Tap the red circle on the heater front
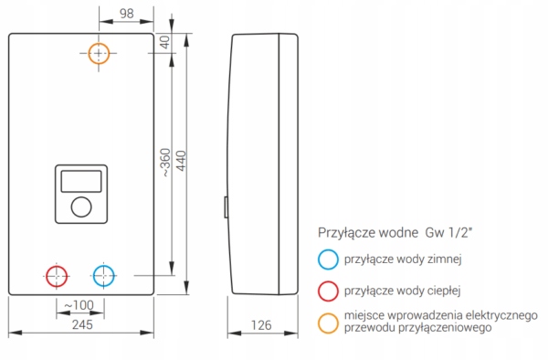pyautogui.click(x=57, y=275)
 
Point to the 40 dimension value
pyautogui.click(x=165, y=42)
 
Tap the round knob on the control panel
pyautogui.click(x=80, y=209)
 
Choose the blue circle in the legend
pyautogui.click(x=328, y=259)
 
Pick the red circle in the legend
pyautogui.click(x=328, y=291)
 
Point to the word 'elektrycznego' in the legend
pyautogui.click(x=500, y=315)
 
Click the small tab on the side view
pyautogui.click(x=227, y=207)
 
